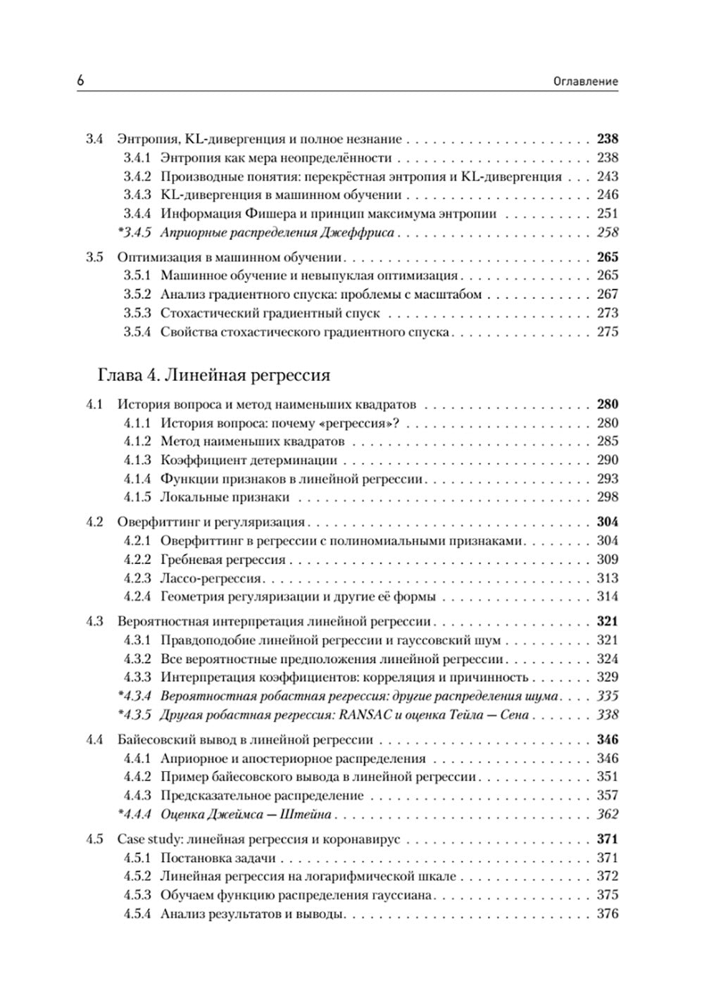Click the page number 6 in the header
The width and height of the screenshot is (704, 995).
pyautogui.click(x=80, y=81)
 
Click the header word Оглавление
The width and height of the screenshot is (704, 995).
pyautogui.click(x=586, y=82)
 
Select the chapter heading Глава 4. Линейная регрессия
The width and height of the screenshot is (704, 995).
pyautogui.click(x=214, y=375)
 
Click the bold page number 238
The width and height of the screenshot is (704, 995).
pyautogui.click(x=607, y=139)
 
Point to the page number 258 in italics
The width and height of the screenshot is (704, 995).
pyautogui.click(x=607, y=232)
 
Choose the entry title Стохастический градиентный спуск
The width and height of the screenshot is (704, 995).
pyautogui.click(x=270, y=313)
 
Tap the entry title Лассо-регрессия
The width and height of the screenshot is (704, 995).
pyautogui.click(x=210, y=578)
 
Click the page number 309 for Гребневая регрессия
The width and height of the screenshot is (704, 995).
pyautogui.click(x=607, y=560)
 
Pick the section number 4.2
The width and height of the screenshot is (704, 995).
pyautogui.click(x=94, y=522)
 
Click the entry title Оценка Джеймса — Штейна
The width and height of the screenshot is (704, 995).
pyautogui.click(x=246, y=815)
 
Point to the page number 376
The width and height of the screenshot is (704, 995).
pyautogui.click(x=607, y=914)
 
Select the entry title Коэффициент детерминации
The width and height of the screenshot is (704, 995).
pyautogui.click(x=249, y=461)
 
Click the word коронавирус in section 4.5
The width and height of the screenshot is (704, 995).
pyautogui.click(x=359, y=839)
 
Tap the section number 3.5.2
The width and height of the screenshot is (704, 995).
pyautogui.click(x=137, y=294)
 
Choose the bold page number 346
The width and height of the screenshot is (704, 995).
pyautogui.click(x=607, y=740)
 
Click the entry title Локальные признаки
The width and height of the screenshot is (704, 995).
pyautogui.click(x=225, y=497)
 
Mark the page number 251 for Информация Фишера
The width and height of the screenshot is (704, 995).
pyautogui.click(x=607, y=214)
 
